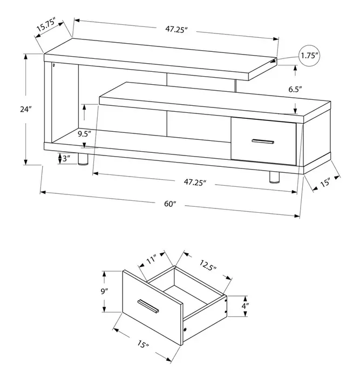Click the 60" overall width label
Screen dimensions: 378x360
point(170,204)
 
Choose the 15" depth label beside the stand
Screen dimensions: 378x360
point(324,183)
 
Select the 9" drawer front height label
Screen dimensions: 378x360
point(106,292)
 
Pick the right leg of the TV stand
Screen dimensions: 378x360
point(274,179)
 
